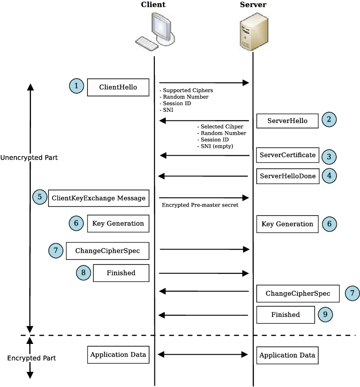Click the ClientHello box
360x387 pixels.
tap(118, 87)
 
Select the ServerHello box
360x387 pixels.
tap(287, 121)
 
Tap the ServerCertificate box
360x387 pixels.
tap(287, 155)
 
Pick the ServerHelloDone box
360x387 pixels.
tap(287, 176)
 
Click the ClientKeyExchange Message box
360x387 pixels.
tap(98, 198)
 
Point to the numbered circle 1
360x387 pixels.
tap(77, 86)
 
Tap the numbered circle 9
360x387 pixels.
tap(325, 315)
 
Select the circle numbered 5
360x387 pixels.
tap(40, 197)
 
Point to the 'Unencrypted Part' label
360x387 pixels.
tap(29, 158)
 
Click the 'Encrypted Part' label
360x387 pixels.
tap(31, 358)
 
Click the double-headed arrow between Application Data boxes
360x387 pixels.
tap(203, 355)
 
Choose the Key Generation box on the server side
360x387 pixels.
tap(287, 224)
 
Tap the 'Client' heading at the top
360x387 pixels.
tap(153, 5)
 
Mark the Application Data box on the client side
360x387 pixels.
tap(118, 355)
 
